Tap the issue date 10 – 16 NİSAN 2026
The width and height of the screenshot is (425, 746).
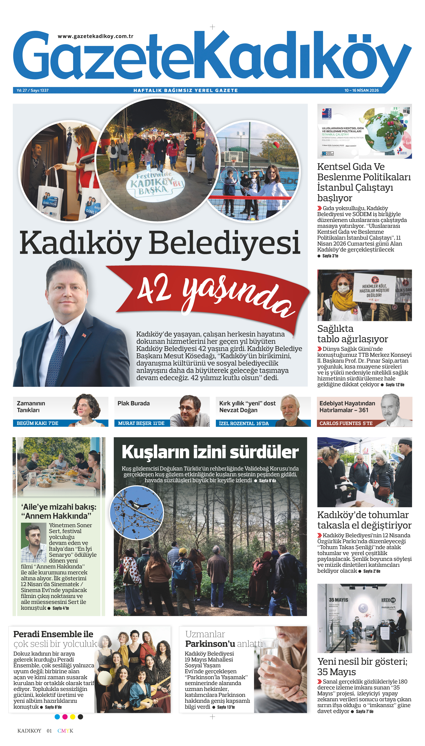(x=361, y=90)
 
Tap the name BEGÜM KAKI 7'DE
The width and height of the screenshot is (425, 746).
(x=37, y=423)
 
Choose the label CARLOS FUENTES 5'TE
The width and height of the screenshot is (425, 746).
(x=346, y=423)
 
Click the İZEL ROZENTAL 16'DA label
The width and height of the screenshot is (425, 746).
(x=244, y=423)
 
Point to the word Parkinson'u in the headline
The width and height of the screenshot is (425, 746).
(x=210, y=644)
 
